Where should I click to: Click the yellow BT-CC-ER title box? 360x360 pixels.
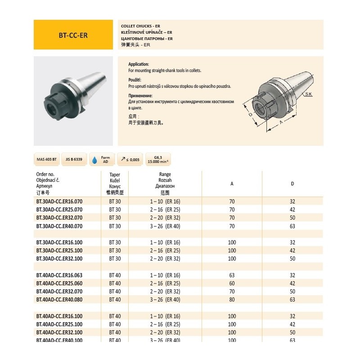[x=73, y=35]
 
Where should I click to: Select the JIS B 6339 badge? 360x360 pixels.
[x=74, y=160]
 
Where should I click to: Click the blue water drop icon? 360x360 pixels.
[x=94, y=160]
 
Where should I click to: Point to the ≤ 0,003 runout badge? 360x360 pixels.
[x=130, y=160]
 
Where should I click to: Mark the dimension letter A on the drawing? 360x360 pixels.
[x=281, y=122]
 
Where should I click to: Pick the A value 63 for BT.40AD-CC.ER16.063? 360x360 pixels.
[x=232, y=275]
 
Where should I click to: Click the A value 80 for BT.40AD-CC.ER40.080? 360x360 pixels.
[x=232, y=299]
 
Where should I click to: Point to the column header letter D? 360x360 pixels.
[x=292, y=183]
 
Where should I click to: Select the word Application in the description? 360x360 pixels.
[x=139, y=64]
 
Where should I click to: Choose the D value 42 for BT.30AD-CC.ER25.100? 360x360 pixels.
[x=292, y=250]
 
